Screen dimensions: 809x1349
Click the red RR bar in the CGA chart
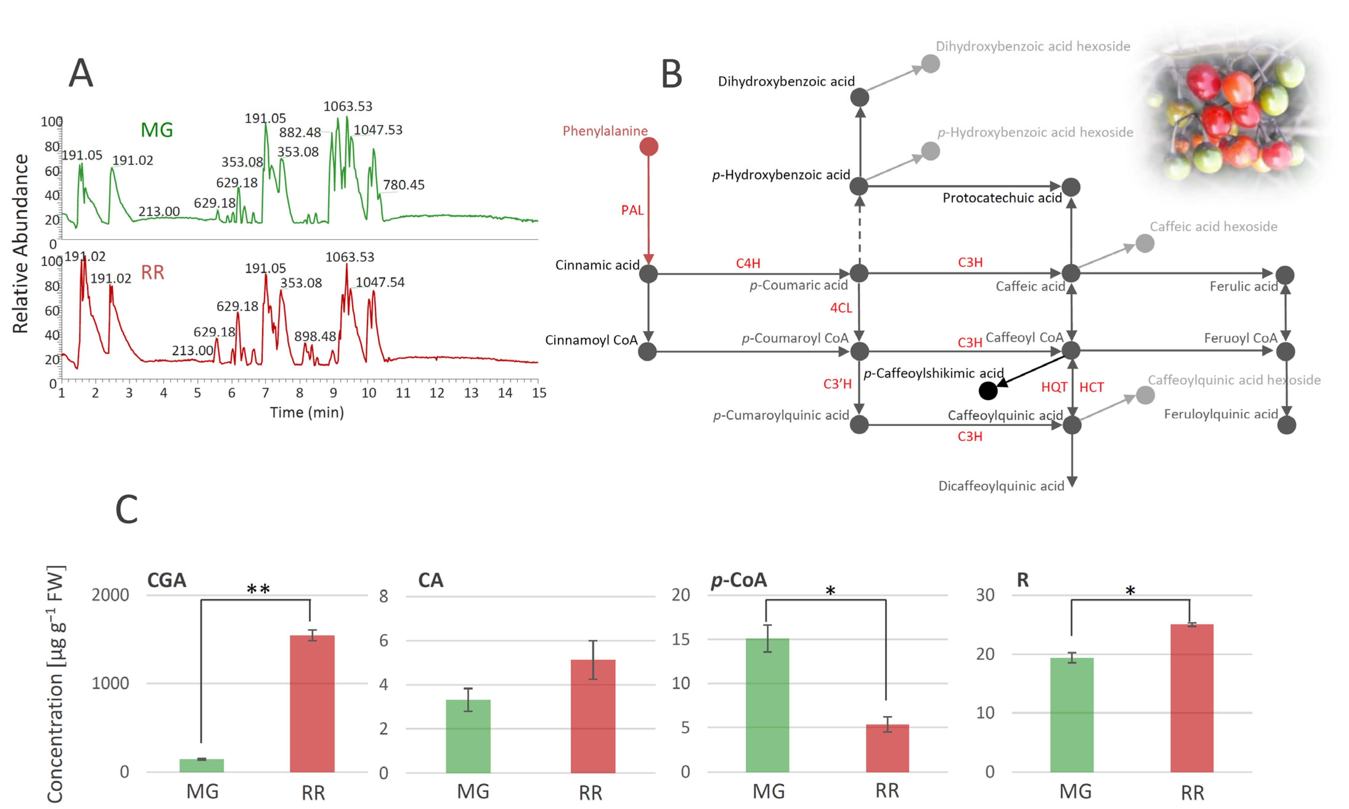pos(312,703)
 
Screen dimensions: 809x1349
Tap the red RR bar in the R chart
pos(1192,698)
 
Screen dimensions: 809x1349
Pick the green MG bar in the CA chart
pos(468,736)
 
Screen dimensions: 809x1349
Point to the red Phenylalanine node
pos(648,147)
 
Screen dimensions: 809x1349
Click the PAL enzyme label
pos(632,210)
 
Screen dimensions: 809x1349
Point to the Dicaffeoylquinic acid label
pos(1001,486)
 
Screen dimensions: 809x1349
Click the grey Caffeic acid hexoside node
pos(1145,243)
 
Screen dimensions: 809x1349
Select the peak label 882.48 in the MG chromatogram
pos(300,132)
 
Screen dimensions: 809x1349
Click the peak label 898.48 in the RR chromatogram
pos(315,336)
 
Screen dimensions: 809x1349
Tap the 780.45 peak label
pos(403,185)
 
